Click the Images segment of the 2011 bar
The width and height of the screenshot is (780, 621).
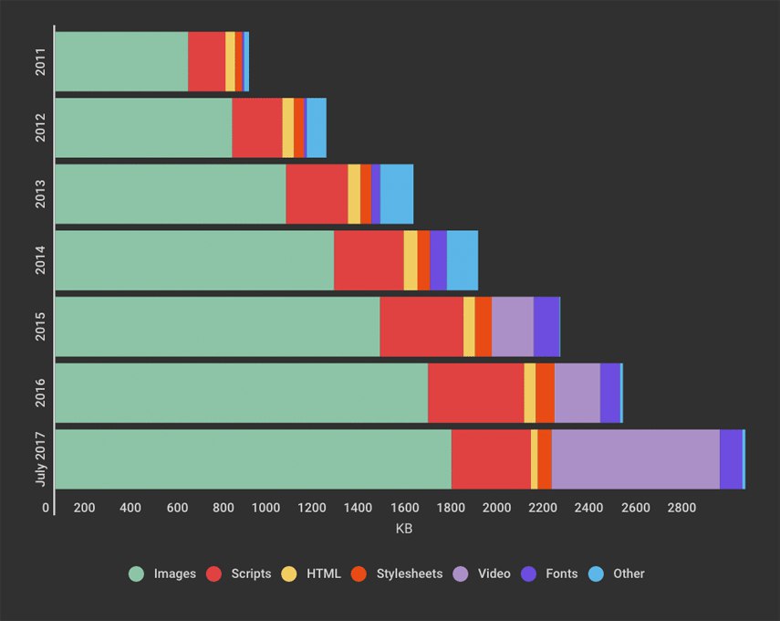point(121,61)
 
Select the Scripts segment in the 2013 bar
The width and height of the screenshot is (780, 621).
point(317,194)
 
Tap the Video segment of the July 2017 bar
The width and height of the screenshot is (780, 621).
point(635,459)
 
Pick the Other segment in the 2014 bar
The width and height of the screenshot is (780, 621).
point(462,260)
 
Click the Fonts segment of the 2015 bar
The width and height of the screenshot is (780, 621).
point(546,326)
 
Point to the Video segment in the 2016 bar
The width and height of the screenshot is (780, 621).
point(577,393)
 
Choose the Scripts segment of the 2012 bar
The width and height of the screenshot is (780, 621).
point(256,128)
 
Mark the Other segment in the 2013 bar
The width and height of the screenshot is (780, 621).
point(396,194)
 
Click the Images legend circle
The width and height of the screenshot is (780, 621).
point(137,574)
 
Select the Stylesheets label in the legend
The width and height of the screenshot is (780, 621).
point(409,574)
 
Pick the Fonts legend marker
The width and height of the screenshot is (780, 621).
point(528,574)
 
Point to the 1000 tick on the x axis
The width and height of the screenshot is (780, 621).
point(265,508)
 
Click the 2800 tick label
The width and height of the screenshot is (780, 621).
point(681,508)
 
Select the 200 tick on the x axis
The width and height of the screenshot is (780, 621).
point(84,508)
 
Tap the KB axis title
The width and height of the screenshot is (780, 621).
point(404,530)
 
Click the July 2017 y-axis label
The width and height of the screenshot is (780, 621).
point(41,458)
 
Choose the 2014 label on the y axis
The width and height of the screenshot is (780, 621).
point(41,260)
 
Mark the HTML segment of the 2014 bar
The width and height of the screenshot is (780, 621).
point(411,260)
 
